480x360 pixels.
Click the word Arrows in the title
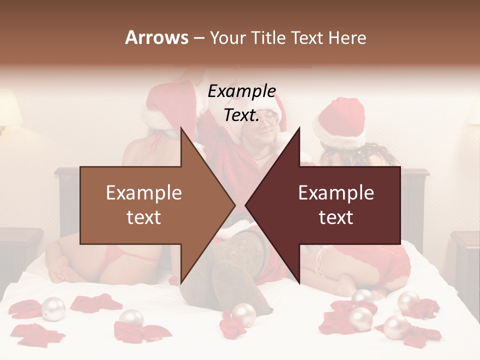click(156, 37)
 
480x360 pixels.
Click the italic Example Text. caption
click(241, 103)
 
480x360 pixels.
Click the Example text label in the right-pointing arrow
click(143, 205)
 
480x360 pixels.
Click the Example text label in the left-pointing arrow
click(336, 205)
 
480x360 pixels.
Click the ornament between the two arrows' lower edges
click(243, 314)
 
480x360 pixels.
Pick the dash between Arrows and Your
click(198, 38)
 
